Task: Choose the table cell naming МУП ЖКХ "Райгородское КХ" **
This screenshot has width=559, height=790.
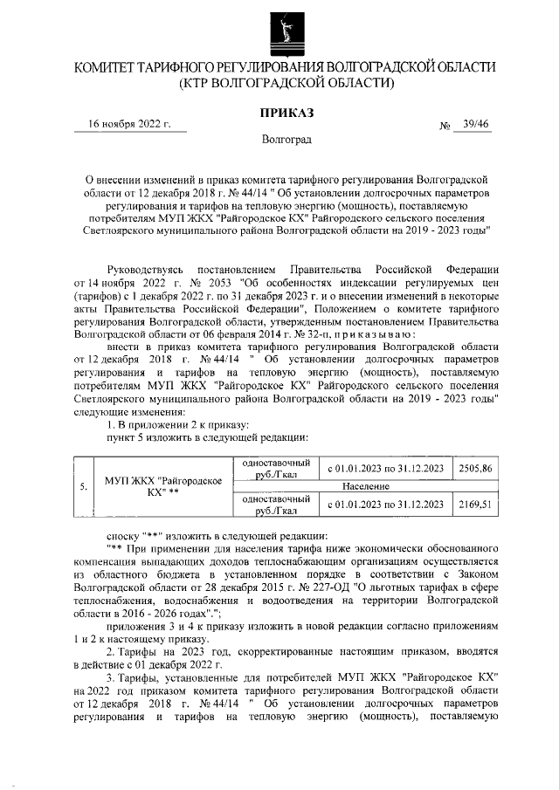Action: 162,486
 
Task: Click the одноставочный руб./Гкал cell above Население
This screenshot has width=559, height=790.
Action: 271,469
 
